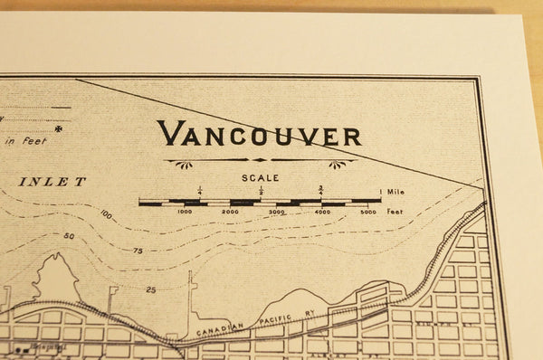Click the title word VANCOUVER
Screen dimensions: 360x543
pyautogui.click(x=259, y=134)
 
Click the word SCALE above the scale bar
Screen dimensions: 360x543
pyautogui.click(x=261, y=178)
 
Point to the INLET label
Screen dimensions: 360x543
pyautogui.click(x=53, y=181)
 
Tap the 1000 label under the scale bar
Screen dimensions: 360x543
pyautogui.click(x=185, y=212)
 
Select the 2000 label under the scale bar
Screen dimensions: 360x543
pyautogui.click(x=231, y=212)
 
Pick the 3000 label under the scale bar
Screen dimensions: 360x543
pyautogui.click(x=277, y=212)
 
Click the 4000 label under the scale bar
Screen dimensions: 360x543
pyautogui.click(x=323, y=212)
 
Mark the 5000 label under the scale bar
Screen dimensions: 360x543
pyautogui.click(x=368, y=212)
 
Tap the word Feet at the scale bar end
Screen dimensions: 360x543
pyautogui.click(x=395, y=212)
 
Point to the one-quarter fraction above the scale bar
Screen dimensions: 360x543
pyautogui.click(x=199, y=190)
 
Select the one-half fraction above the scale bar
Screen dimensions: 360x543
pyautogui.click(x=261, y=190)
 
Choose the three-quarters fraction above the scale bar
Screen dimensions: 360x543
pyautogui.click(x=321, y=190)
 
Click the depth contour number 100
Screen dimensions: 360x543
pyautogui.click(x=107, y=214)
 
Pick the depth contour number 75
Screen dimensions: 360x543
pyautogui.click(x=138, y=251)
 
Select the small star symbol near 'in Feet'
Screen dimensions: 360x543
pyautogui.click(x=58, y=129)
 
